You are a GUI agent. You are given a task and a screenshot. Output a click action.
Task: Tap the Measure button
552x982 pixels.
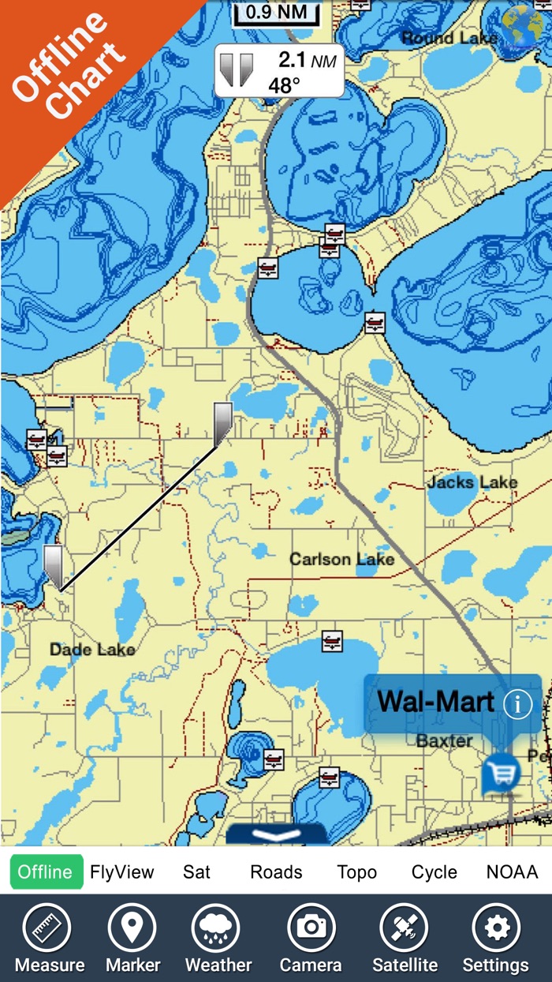50,939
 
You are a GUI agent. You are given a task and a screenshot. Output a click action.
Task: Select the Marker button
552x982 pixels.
133,939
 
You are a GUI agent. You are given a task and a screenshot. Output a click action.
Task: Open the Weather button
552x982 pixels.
218,939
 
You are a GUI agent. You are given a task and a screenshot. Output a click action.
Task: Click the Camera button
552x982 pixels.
311,939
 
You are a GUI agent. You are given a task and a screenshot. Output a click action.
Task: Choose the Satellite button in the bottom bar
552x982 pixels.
405,939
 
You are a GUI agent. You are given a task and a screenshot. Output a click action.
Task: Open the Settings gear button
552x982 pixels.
496,939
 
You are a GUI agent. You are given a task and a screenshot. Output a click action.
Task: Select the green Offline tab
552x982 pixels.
46,871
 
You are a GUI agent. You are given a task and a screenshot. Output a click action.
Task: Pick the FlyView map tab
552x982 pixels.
122,872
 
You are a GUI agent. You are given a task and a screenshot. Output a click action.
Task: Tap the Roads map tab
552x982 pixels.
276,872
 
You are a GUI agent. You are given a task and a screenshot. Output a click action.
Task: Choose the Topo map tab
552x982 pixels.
357,872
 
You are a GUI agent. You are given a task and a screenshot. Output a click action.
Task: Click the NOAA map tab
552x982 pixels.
512,872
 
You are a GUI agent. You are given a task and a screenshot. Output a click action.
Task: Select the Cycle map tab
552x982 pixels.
435,872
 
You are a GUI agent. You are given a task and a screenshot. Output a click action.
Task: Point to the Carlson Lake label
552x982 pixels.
341,560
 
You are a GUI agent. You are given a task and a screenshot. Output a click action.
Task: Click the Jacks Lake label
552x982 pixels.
472,482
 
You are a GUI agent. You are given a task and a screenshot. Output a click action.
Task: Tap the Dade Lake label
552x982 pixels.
92,650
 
